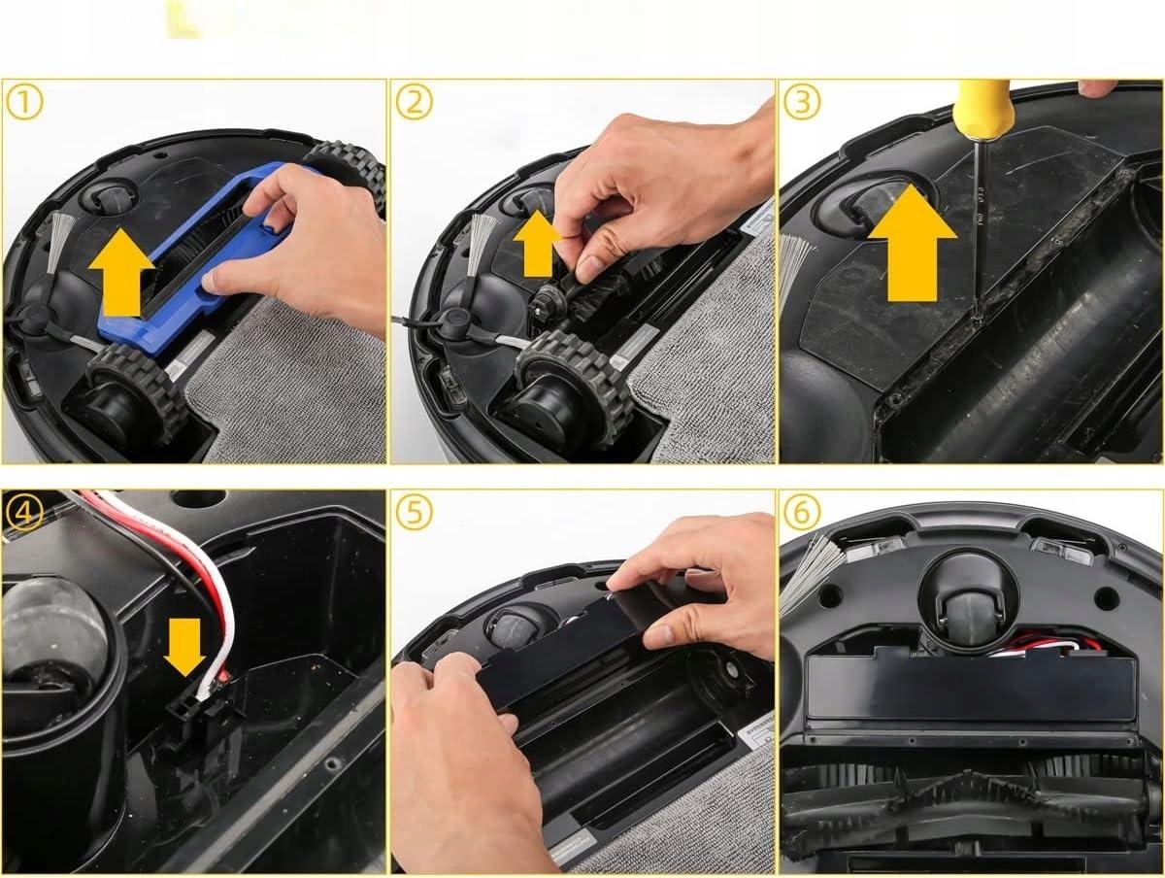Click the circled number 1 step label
point(23,102)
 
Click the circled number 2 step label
point(413,102)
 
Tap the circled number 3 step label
point(801,102)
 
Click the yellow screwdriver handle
point(982,109)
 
